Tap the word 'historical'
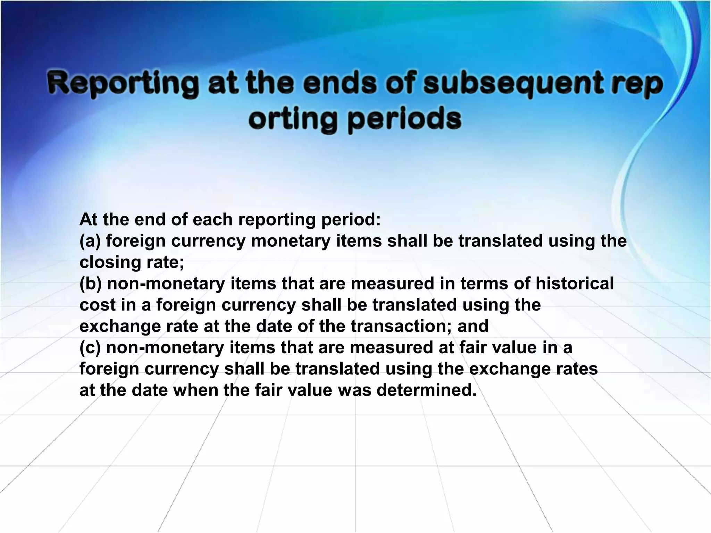(x=575, y=284)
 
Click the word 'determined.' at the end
(x=427, y=390)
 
